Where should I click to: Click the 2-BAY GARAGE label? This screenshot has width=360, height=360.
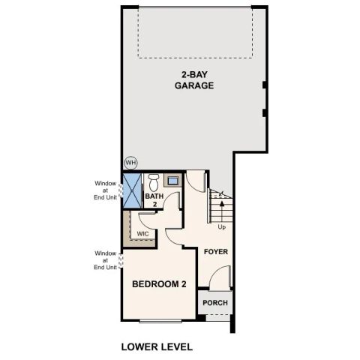pos(194,80)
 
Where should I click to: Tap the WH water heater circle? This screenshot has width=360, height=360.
pos(130,163)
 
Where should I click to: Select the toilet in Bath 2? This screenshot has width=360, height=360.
pos(154,182)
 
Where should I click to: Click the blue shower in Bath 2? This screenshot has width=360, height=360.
pos(132,190)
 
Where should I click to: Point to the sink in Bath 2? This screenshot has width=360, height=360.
pos(172,181)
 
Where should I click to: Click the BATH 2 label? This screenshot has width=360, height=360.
pos(154,200)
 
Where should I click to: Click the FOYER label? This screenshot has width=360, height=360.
pos(215,252)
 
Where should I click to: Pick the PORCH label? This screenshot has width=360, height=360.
pos(215,303)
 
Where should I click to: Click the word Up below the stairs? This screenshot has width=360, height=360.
pos(221,226)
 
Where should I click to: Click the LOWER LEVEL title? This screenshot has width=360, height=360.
pos(157,346)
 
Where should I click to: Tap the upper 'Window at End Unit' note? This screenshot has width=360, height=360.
pos(106,193)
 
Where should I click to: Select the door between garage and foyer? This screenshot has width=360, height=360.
pos(196,181)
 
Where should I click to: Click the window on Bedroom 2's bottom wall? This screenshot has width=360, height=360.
pos(160,320)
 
